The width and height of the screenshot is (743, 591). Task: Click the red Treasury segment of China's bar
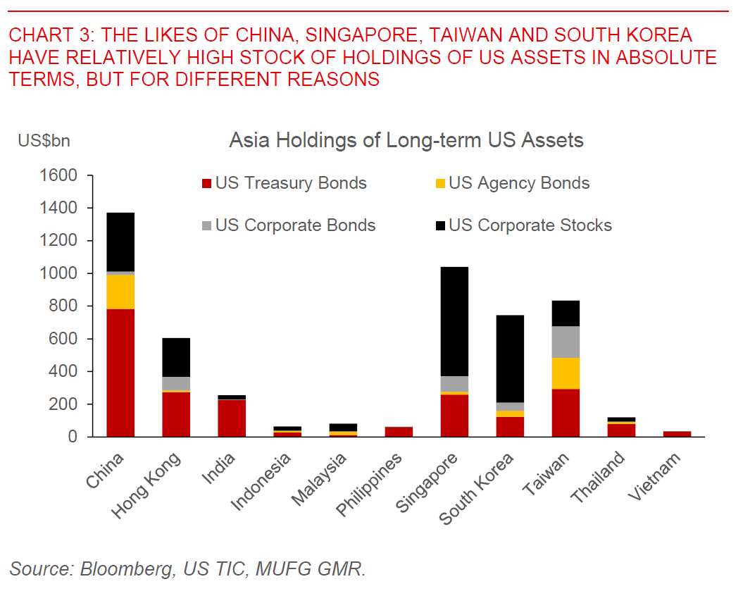[120, 373]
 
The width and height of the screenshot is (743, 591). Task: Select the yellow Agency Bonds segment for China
[120, 292]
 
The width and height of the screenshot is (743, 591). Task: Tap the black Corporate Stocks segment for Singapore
[454, 321]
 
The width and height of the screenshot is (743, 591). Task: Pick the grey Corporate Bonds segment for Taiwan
[566, 342]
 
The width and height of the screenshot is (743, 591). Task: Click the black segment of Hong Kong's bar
[176, 357]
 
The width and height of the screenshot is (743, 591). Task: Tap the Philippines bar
[399, 432]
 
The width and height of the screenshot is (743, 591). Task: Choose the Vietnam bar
[677, 434]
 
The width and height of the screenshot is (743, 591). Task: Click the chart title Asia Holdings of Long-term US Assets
[406, 140]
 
